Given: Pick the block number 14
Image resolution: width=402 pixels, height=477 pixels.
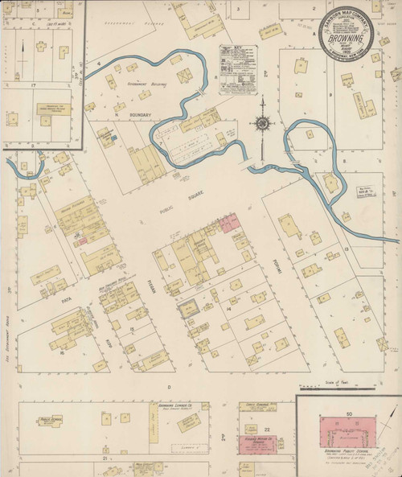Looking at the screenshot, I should tap(229, 308).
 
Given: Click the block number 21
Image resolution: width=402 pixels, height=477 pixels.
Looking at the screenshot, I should tap(105, 457).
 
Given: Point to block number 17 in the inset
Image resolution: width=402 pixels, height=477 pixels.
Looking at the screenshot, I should tap(34, 84).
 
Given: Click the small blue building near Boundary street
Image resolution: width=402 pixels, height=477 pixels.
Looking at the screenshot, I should tap(114, 139).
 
